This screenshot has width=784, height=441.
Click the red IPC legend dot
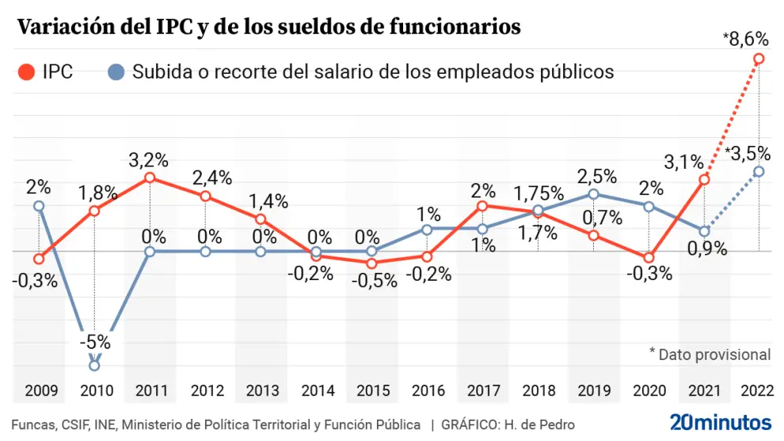coord(27,72)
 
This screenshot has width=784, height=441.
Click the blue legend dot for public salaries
coord(116,72)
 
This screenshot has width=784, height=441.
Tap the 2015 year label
coord(371,390)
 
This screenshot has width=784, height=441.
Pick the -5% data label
coord(94,343)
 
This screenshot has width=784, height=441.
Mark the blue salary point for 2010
coord(94,366)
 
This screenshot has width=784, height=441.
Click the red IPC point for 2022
coord(759,59)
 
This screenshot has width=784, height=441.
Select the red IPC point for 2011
coord(150,178)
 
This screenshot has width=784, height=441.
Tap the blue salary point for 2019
coord(593,194)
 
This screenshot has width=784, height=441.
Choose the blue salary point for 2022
coord(759,171)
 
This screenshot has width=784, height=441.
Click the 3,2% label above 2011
coord(149,160)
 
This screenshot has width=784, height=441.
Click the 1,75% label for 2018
coord(539,193)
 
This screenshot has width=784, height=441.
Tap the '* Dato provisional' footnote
coord(710,355)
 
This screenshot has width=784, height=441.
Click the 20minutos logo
coord(720,421)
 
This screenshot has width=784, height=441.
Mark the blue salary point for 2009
coord(39,206)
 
